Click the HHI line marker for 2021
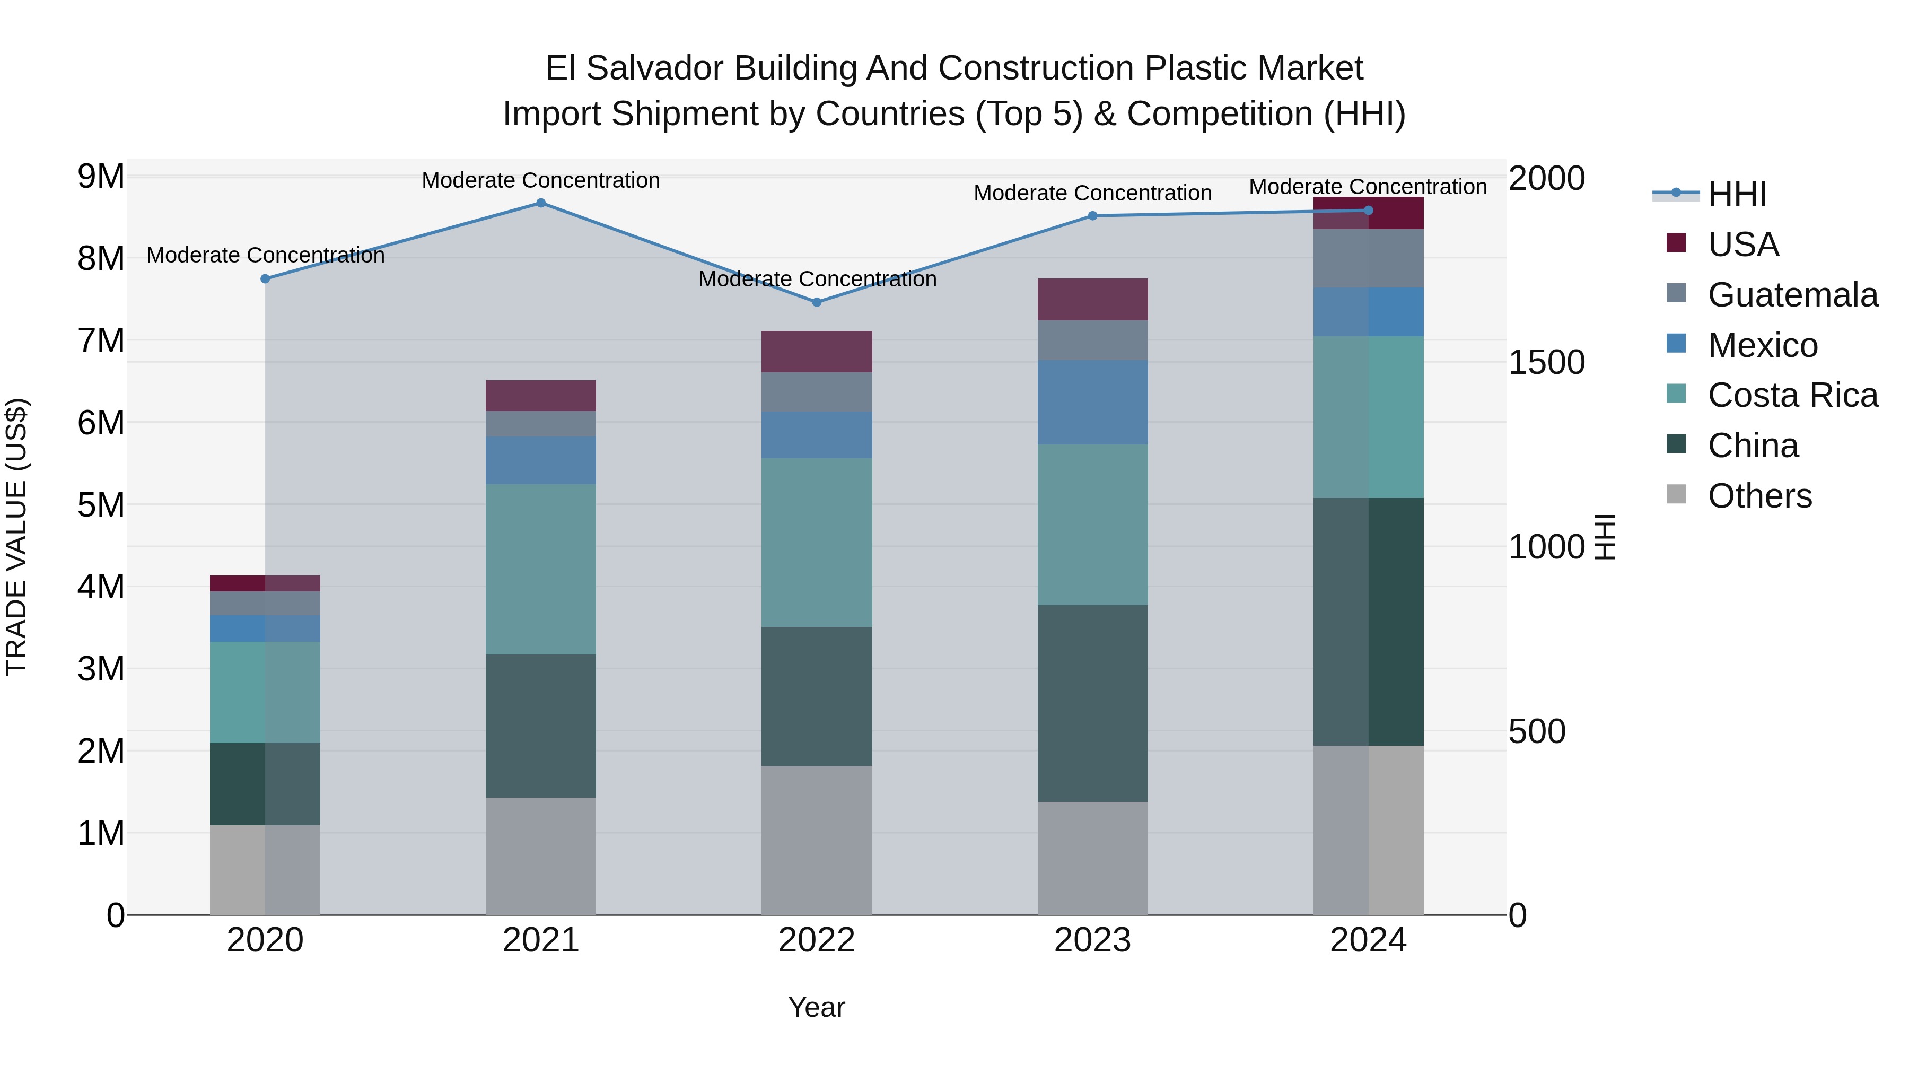tap(541, 203)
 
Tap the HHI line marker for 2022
tap(817, 302)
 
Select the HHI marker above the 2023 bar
tap(1092, 216)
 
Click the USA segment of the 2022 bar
tap(817, 351)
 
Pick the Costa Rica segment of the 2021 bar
tap(541, 569)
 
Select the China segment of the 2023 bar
tap(1092, 703)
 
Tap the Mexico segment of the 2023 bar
tap(1092, 403)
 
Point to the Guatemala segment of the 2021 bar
tap(541, 424)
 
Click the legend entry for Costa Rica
tap(1792, 395)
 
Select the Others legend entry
tap(1759, 496)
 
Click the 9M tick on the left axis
tap(101, 177)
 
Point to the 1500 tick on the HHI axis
tap(1546, 362)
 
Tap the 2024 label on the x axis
tap(1368, 940)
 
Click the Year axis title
tap(817, 1007)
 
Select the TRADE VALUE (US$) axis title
tap(16, 537)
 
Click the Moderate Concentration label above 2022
tap(817, 280)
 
